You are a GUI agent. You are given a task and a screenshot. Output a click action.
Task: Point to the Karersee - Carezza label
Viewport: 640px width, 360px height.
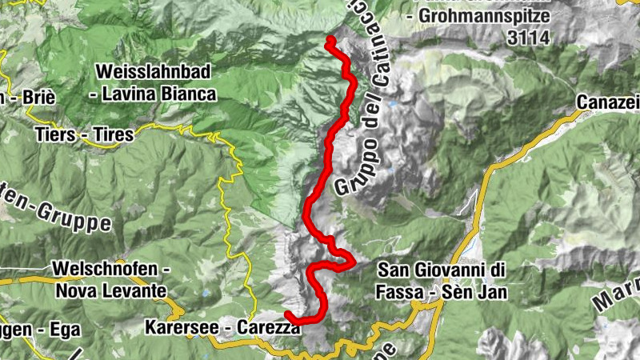coord(222,327)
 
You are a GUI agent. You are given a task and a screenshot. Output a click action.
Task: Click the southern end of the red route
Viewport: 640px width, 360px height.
coord(286,313)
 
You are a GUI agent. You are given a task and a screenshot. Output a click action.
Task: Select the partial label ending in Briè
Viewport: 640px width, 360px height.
coord(32,98)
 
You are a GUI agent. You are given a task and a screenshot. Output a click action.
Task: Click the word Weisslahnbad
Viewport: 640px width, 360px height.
coord(152,72)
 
